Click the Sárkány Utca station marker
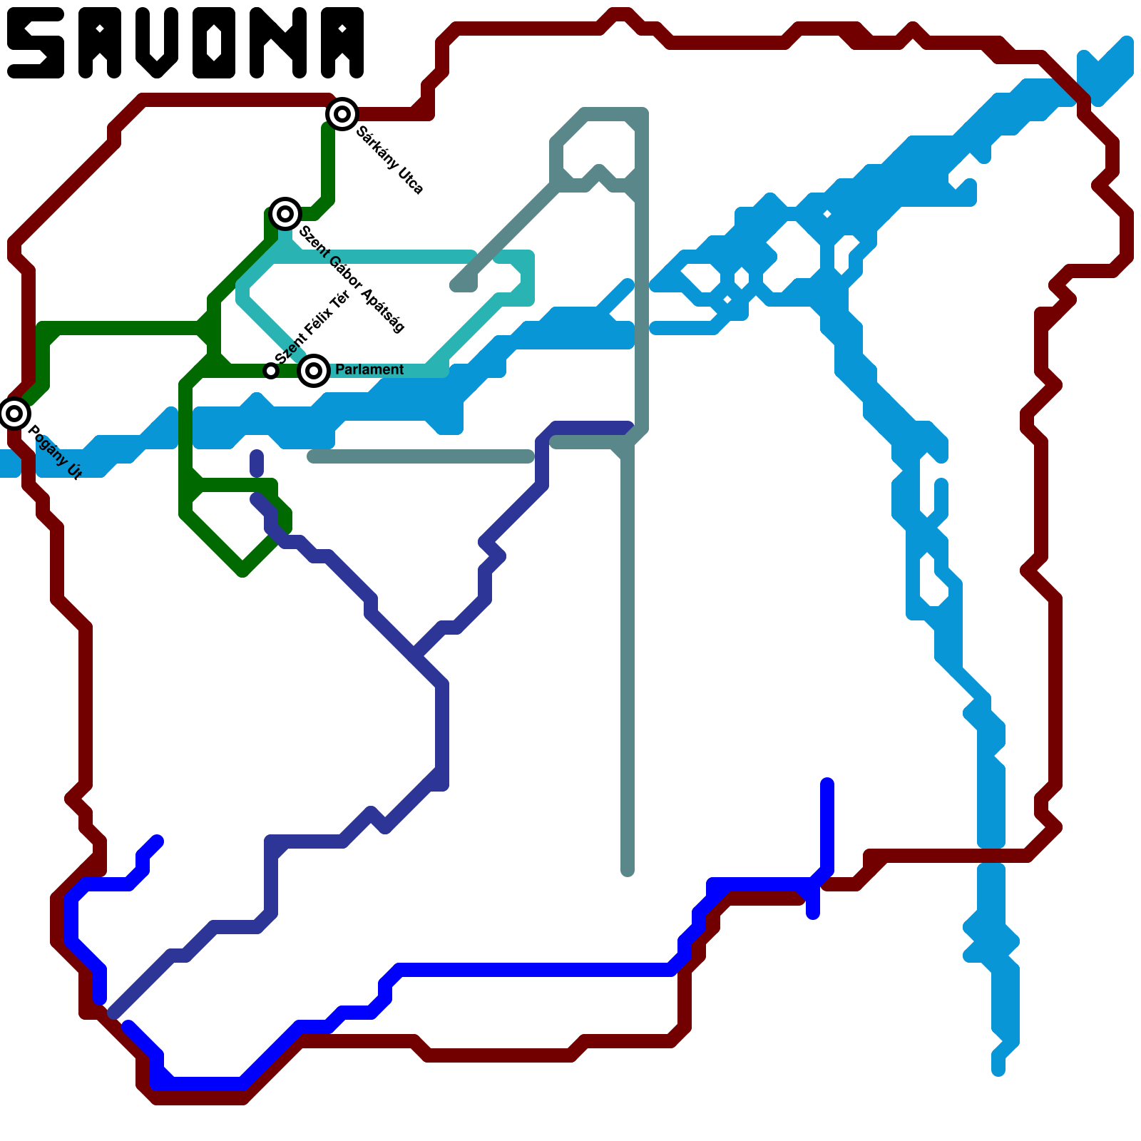[x=342, y=114]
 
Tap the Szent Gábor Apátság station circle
[x=285, y=214]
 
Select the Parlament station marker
[x=314, y=371]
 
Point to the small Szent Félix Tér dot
[x=271, y=371]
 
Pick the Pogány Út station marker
[x=14, y=414]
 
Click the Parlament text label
[x=369, y=369]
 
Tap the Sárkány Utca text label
[x=390, y=160]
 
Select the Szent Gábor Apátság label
[x=352, y=279]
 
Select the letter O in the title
[x=214, y=43]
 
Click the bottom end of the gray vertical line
[x=628, y=870]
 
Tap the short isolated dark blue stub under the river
[x=257, y=464]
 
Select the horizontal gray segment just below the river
[x=421, y=456]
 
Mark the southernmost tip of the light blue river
[x=998, y=1070]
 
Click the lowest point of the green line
[x=242, y=570]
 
